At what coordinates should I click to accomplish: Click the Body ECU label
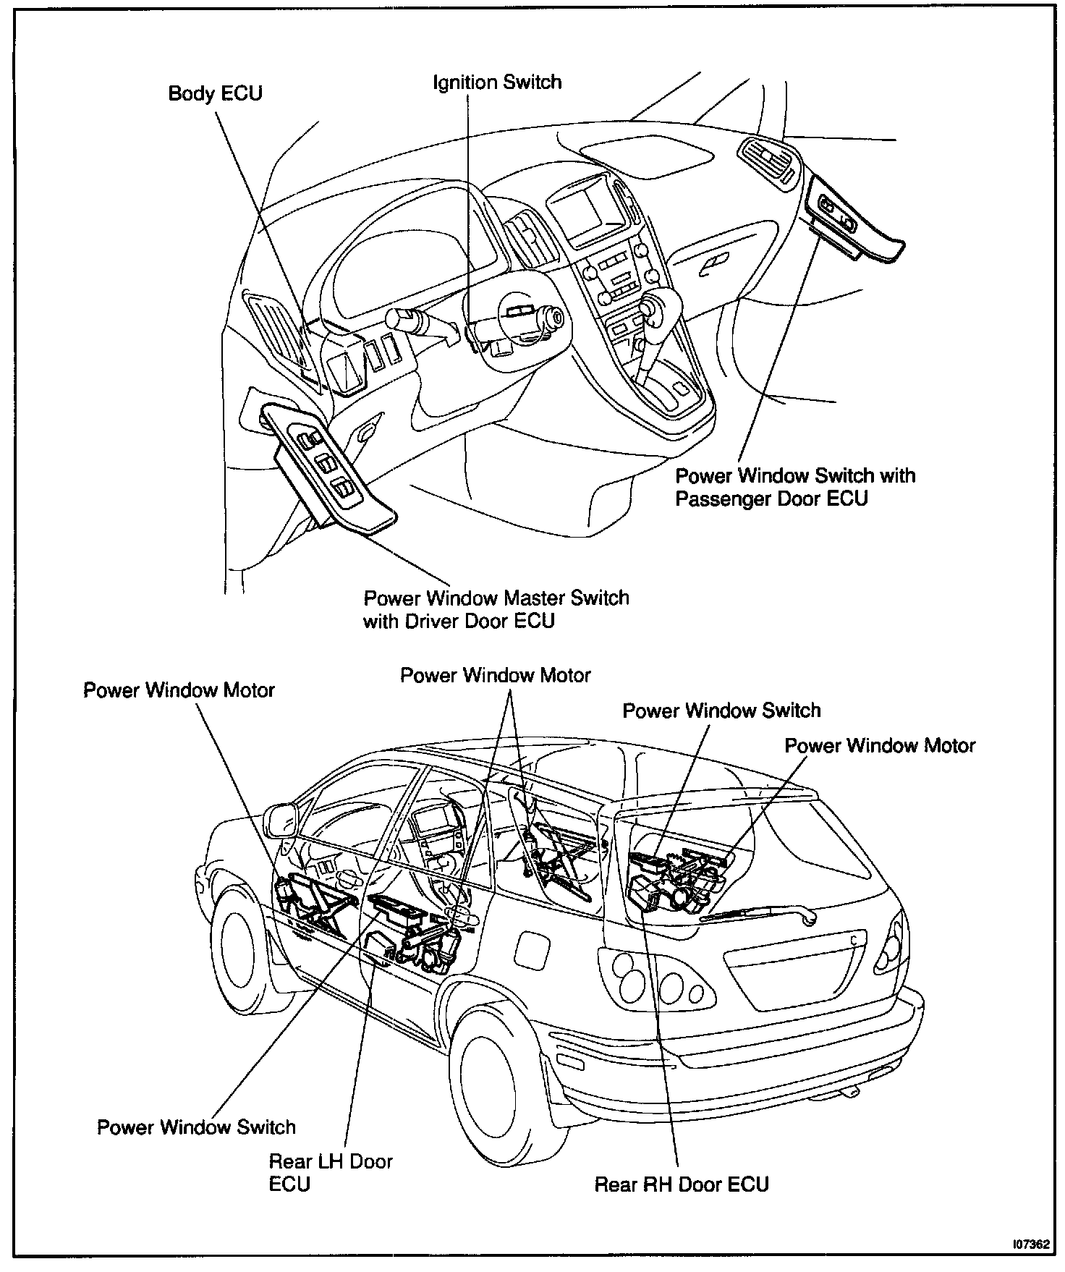(215, 93)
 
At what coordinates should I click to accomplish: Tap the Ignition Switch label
(497, 82)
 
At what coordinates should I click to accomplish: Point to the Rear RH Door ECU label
(681, 1184)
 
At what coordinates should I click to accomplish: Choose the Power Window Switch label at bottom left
(196, 1127)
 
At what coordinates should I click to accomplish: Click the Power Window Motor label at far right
(880, 745)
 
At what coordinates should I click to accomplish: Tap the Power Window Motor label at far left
(179, 690)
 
